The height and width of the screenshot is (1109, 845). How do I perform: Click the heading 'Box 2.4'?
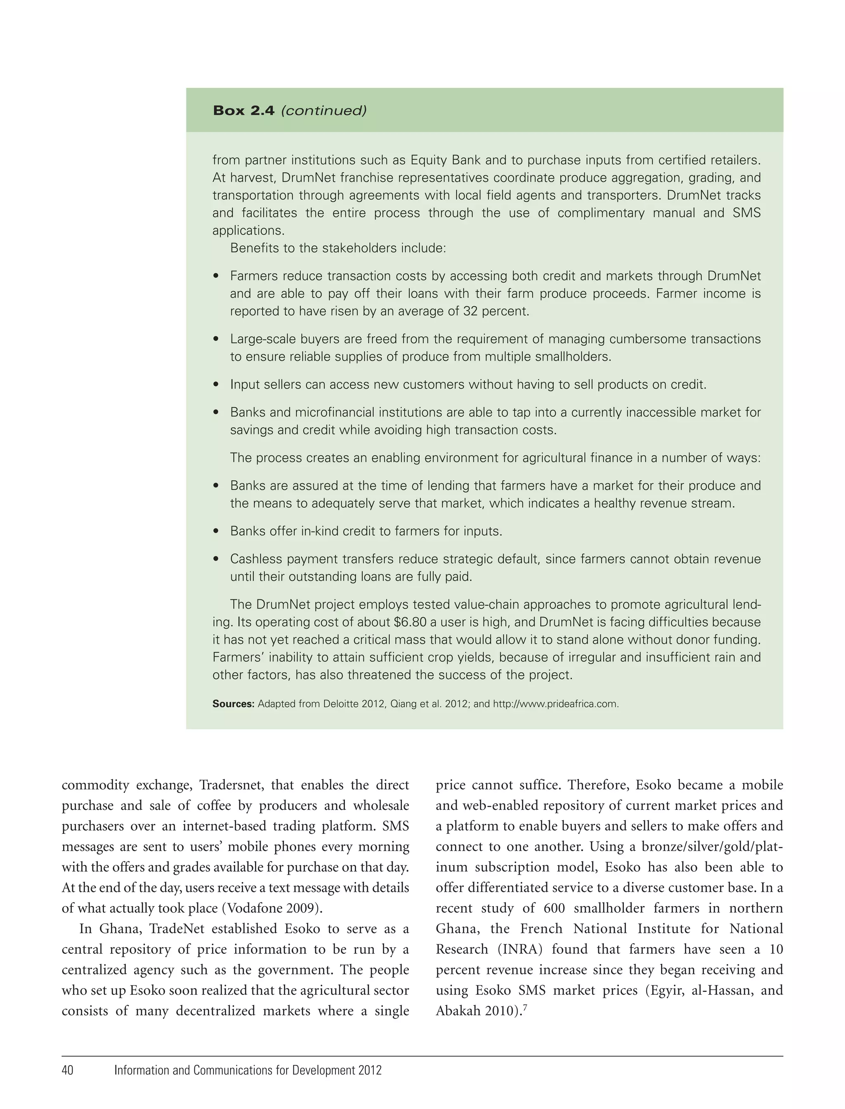tap(243, 111)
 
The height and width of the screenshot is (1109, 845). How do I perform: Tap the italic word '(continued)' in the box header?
tap(323, 111)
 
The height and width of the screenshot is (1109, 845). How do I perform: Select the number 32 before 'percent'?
tap(470, 311)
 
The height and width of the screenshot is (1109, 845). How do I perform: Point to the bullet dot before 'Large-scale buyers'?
tap(216, 340)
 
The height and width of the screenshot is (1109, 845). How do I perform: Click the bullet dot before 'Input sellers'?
tap(216, 385)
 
